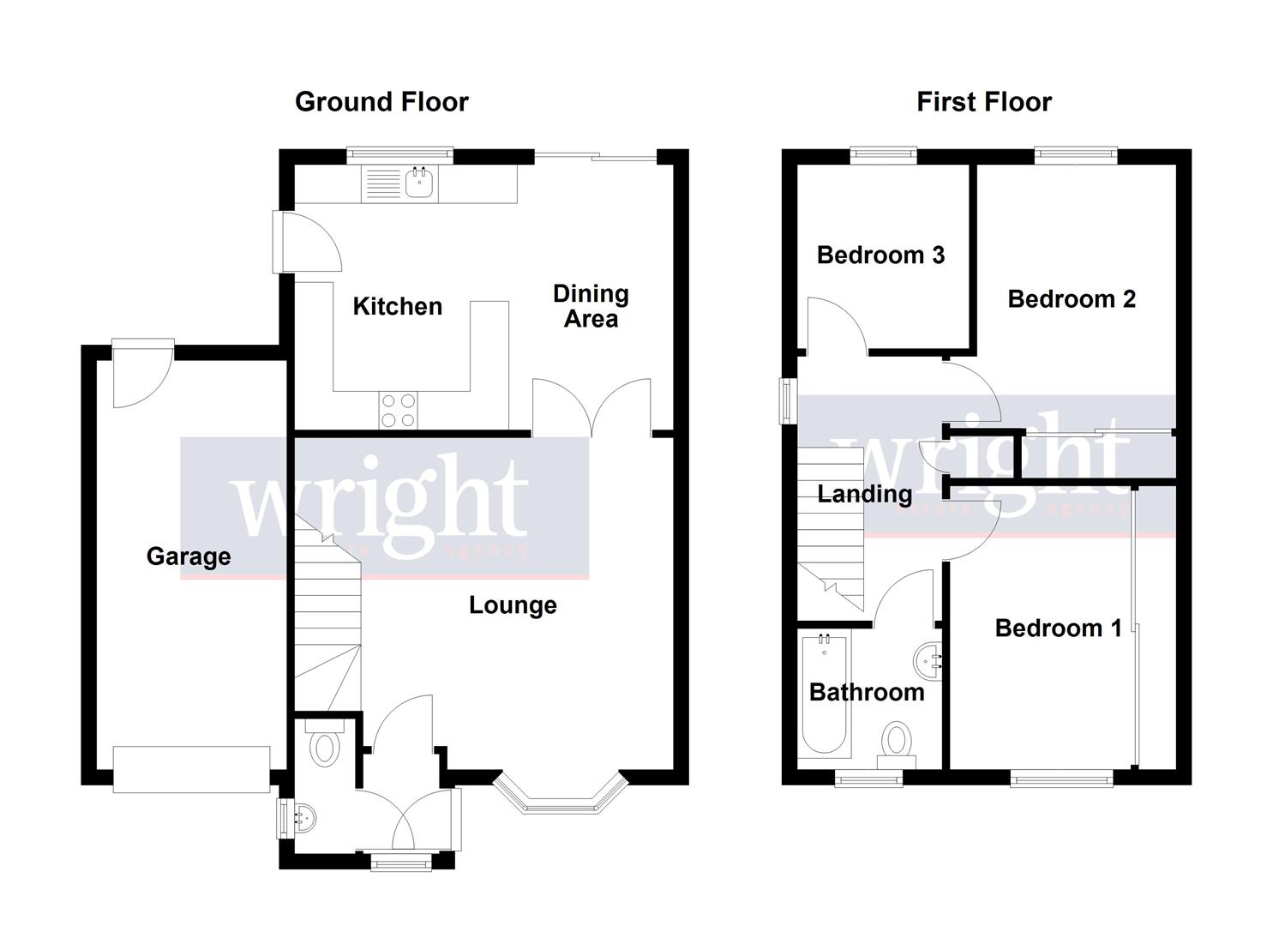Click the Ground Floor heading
(x=381, y=102)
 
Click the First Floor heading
(x=983, y=102)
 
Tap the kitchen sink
(x=419, y=183)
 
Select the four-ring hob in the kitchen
(x=398, y=410)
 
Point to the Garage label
(x=189, y=556)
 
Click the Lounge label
(x=513, y=605)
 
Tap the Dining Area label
(x=591, y=306)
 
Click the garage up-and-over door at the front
(x=192, y=768)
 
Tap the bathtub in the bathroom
(x=824, y=694)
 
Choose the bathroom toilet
(x=897, y=743)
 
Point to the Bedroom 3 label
(x=880, y=255)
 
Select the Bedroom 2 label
(x=1072, y=299)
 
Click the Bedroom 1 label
(x=1058, y=628)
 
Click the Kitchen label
(x=398, y=306)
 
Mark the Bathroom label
(x=867, y=692)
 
